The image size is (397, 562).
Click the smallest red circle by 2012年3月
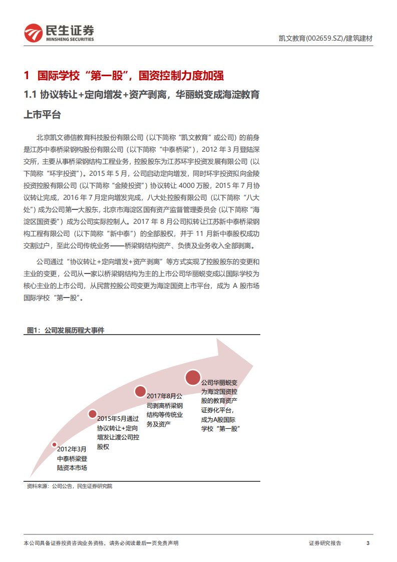(55, 444)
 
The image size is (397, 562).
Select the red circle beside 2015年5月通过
(93, 414)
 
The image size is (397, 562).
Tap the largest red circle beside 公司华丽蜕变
(193, 377)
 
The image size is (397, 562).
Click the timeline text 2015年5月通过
(118, 418)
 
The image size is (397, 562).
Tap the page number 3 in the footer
(368, 543)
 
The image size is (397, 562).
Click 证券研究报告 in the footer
(325, 543)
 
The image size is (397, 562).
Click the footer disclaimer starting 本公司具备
(101, 543)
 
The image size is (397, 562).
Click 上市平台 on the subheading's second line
(42, 115)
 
